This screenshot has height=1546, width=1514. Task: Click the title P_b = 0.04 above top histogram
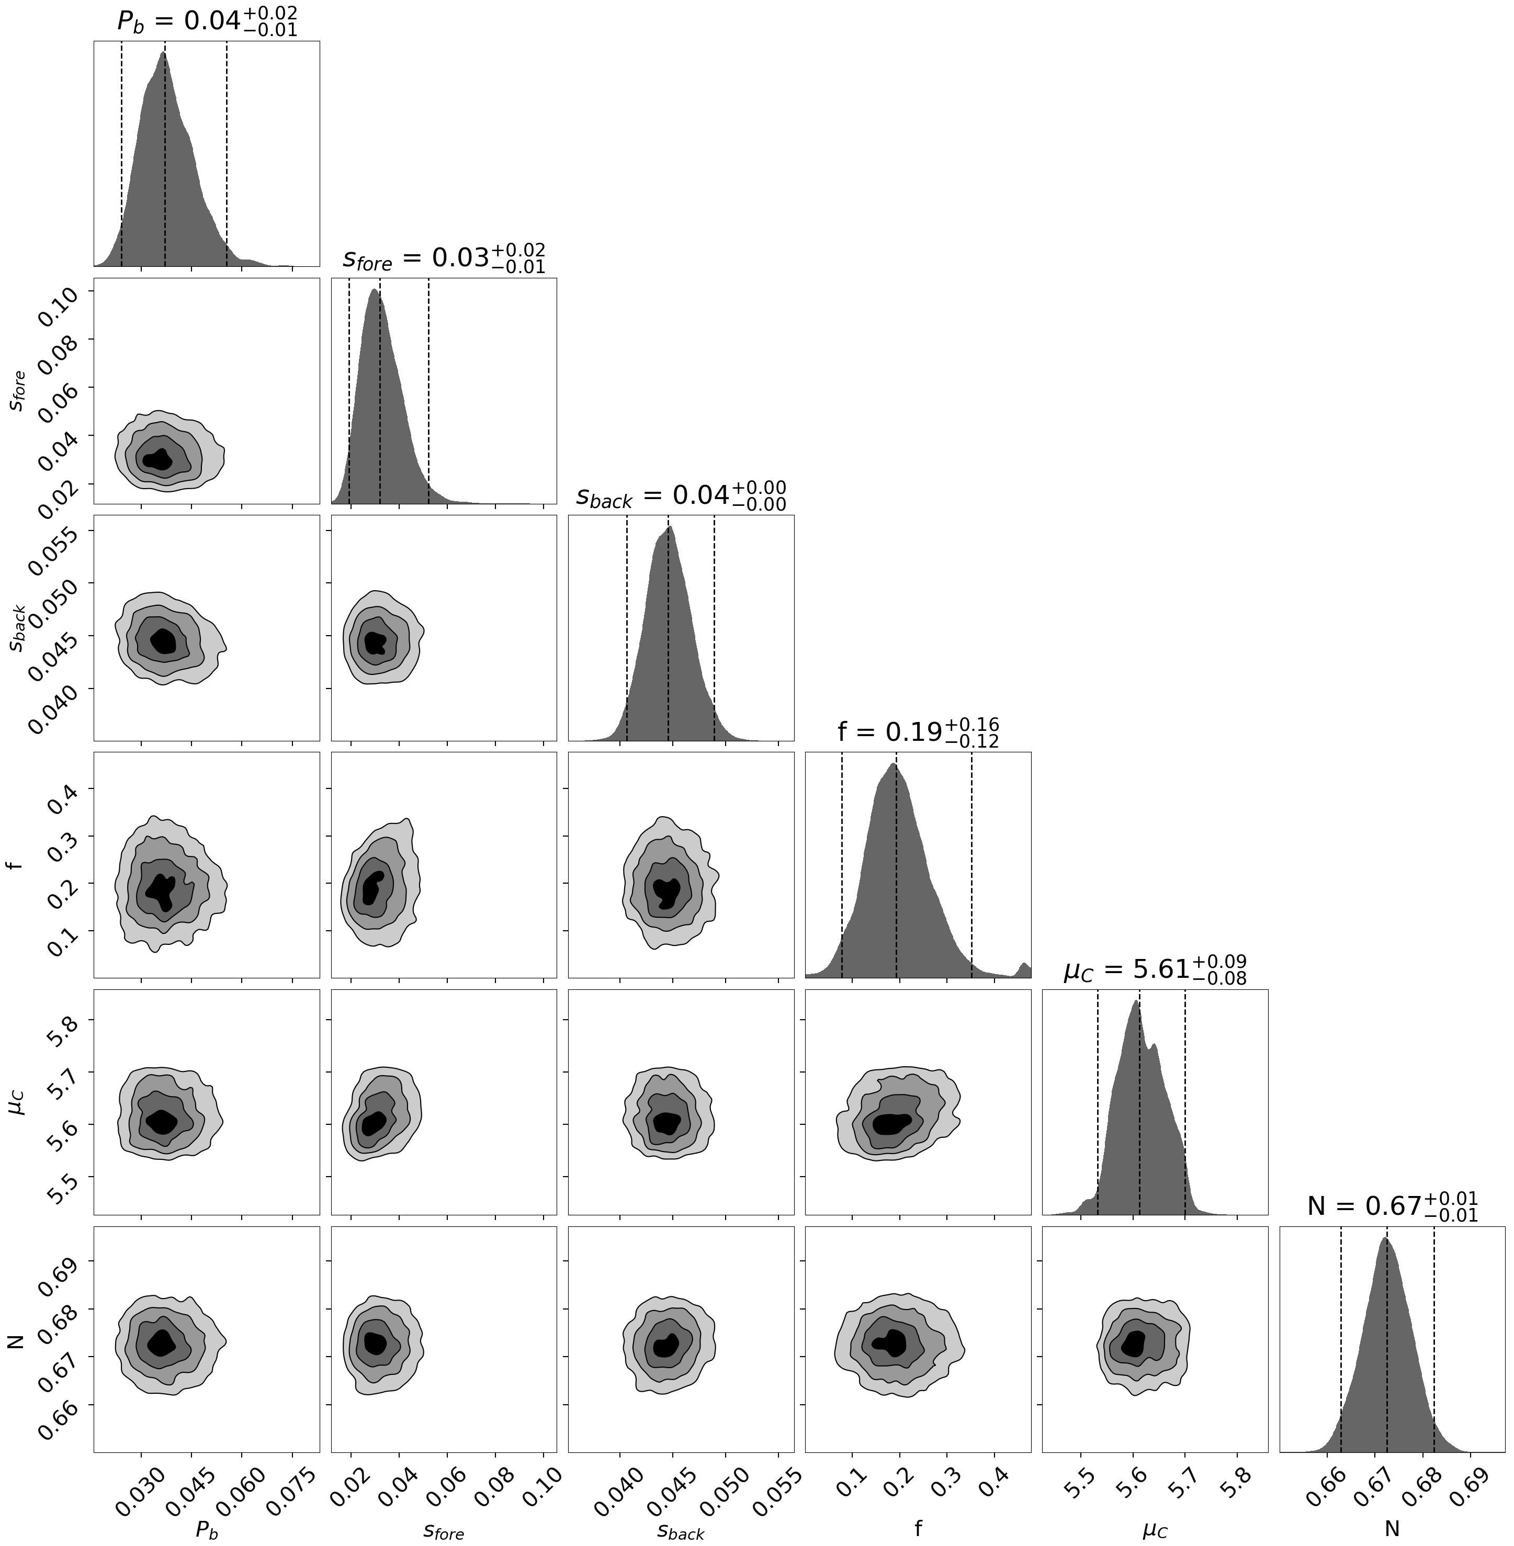(208, 21)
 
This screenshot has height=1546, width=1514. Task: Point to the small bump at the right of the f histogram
(1024, 968)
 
